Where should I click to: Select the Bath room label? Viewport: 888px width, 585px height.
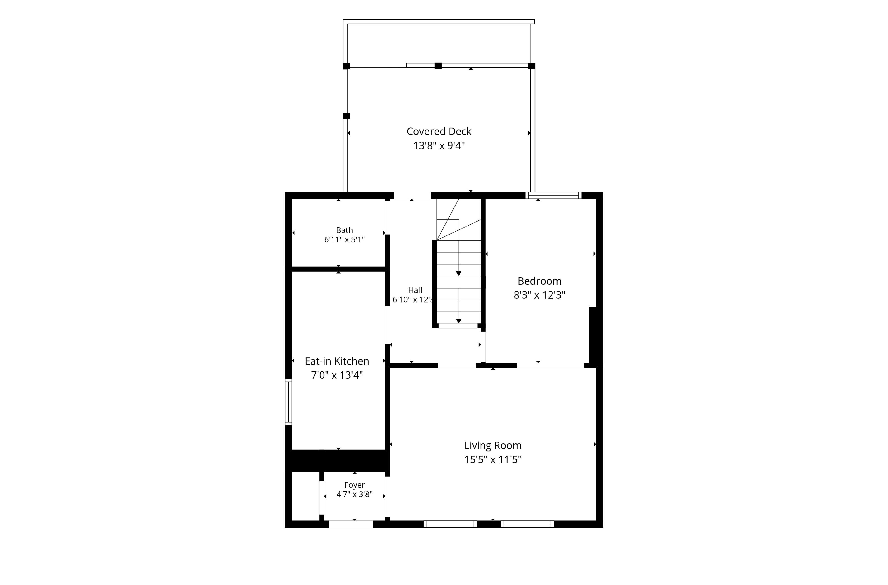(x=344, y=230)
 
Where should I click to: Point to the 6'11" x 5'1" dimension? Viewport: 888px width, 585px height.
(x=344, y=240)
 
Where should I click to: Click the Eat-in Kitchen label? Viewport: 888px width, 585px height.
(x=337, y=361)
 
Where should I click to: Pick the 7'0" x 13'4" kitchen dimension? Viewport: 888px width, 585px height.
(x=337, y=375)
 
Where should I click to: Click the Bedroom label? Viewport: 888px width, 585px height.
(x=540, y=281)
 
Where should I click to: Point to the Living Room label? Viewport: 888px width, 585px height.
(x=493, y=445)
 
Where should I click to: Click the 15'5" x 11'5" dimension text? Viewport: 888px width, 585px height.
(x=493, y=460)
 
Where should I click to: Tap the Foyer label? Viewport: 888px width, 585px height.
(x=355, y=485)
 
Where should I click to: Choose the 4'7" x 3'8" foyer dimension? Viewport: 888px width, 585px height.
(x=355, y=495)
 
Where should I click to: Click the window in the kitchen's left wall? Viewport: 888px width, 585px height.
(x=288, y=402)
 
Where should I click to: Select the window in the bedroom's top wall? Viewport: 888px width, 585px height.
(x=554, y=195)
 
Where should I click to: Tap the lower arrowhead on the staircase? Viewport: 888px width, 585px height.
(x=459, y=321)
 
